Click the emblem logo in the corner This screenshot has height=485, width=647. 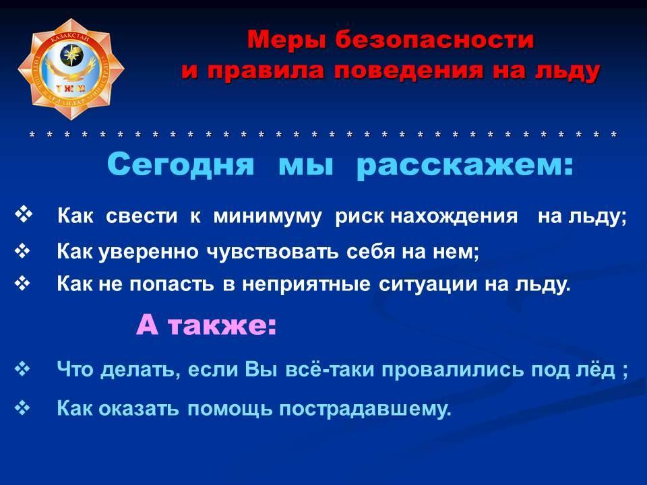tap(71, 69)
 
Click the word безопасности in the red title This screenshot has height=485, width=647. tap(435, 40)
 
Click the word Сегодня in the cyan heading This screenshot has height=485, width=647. tap(181, 164)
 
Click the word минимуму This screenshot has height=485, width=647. tap(267, 216)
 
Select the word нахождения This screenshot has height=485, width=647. tap(454, 216)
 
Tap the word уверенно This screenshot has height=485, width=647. tap(148, 251)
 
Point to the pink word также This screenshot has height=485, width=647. tap(222, 325)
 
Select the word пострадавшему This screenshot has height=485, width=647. tap(365, 409)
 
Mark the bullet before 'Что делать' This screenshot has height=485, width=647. tap(23, 368)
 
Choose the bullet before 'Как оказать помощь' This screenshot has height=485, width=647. tap(23, 408)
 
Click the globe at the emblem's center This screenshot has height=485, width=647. tap(71, 55)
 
